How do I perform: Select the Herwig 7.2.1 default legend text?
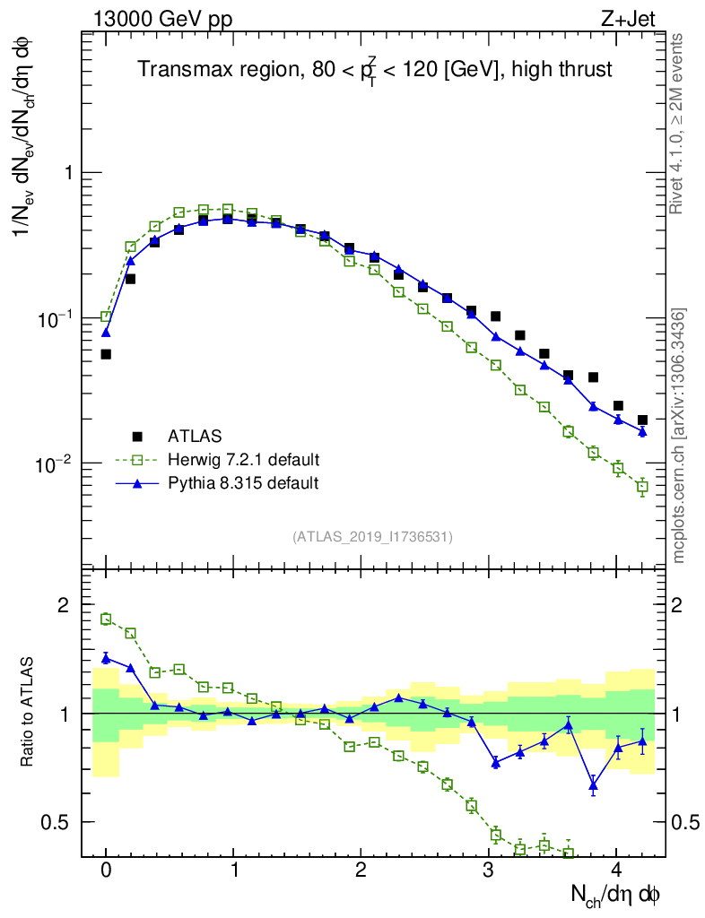(243, 460)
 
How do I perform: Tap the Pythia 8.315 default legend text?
(243, 483)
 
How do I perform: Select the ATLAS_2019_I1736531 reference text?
(372, 537)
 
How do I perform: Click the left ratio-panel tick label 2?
(64, 606)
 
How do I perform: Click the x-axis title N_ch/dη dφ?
(617, 894)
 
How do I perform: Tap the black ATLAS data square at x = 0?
(106, 354)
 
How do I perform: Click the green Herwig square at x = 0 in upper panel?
(106, 316)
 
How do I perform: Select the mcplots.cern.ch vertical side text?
(679, 435)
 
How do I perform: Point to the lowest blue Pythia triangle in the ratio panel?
(593, 786)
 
